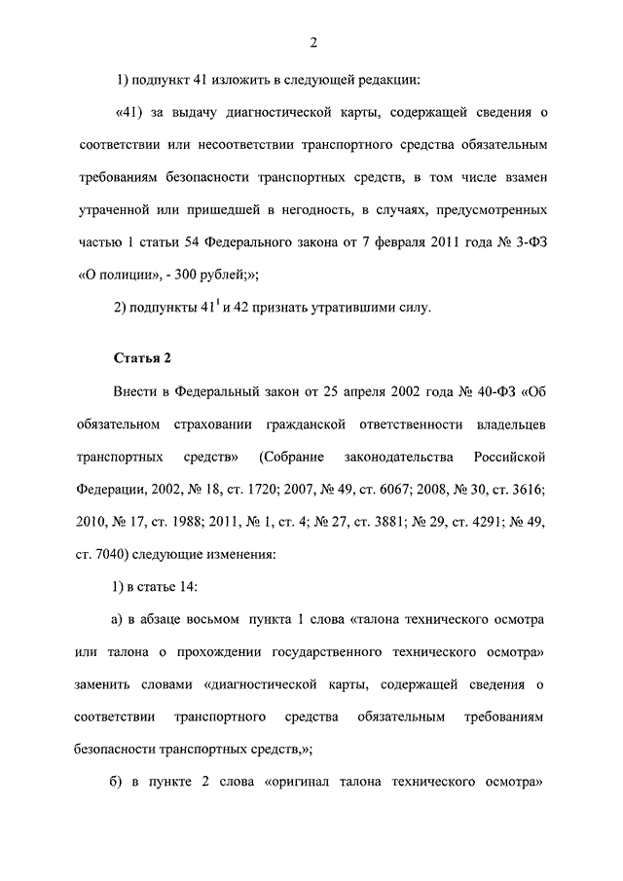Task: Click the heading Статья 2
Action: pos(143,357)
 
